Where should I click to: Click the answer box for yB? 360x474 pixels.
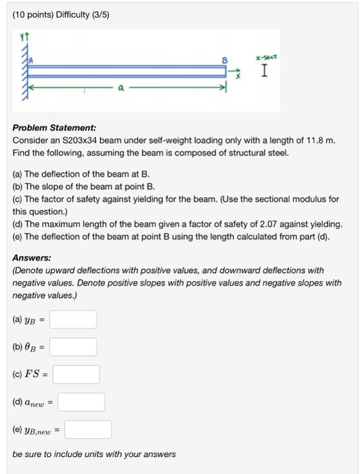pos(73,320)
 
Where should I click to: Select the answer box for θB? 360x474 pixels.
pos(73,347)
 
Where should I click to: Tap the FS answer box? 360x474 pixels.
pos(76,374)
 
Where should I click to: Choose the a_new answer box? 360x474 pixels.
pos(81,402)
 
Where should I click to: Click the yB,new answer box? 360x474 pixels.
pos(88,429)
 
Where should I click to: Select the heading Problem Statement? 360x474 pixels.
pos(54,127)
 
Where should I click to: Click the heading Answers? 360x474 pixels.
pos(32,257)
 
